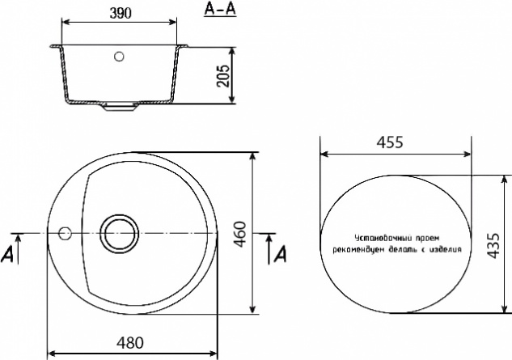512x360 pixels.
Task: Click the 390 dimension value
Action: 121,13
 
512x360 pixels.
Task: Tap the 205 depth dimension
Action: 223,76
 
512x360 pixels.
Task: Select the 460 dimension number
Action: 240,235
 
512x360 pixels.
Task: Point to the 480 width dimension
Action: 130,343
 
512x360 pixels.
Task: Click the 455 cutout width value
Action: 390,142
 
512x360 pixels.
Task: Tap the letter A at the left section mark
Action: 7,254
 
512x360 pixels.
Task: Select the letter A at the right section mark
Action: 280,254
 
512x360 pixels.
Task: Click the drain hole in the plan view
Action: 119,234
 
